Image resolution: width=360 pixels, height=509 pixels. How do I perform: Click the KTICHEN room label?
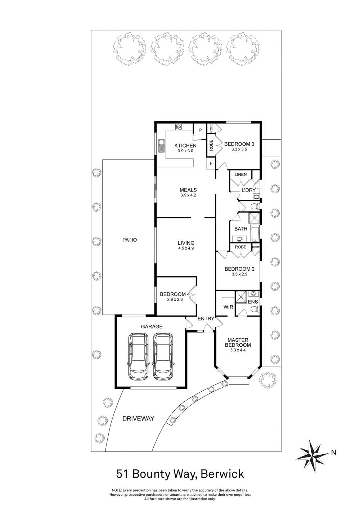click(x=185, y=145)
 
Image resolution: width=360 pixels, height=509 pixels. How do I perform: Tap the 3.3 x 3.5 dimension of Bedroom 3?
click(x=239, y=149)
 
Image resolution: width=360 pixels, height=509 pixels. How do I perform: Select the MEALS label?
click(x=188, y=190)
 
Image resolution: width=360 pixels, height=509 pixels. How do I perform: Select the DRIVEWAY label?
click(x=138, y=419)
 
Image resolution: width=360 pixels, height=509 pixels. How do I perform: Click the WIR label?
click(x=228, y=307)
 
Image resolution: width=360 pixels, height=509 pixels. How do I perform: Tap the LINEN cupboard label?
click(x=240, y=175)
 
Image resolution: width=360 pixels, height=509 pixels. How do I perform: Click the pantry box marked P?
click(x=200, y=130)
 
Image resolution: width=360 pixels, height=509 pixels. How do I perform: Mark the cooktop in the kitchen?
click(x=178, y=127)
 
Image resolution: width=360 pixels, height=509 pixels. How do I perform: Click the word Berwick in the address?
click(x=222, y=474)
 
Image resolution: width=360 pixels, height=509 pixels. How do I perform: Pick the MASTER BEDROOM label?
click(x=238, y=342)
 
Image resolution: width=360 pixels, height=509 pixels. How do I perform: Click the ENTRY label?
click(x=206, y=319)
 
